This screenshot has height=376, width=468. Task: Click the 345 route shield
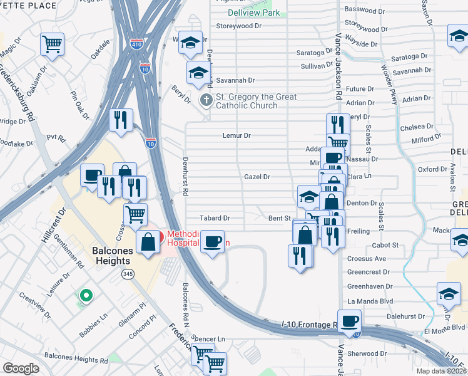[x=128, y=274]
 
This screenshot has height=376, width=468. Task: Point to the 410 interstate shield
[x=137, y=44]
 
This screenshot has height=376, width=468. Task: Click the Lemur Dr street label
[x=237, y=135]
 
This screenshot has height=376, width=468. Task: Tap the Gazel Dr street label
[x=257, y=177]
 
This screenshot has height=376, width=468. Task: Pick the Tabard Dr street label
[x=215, y=219]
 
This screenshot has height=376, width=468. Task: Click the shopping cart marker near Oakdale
[x=53, y=44]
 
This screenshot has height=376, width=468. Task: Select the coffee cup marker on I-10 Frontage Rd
[x=349, y=321]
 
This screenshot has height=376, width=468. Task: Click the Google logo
[x=21, y=368]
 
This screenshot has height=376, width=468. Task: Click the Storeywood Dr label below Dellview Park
[x=238, y=26]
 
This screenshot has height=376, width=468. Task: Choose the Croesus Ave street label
[x=367, y=258]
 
